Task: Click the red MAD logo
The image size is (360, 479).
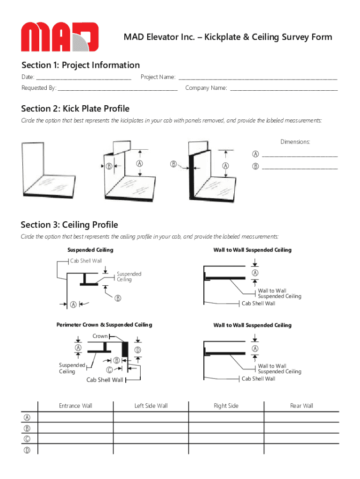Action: point(59,36)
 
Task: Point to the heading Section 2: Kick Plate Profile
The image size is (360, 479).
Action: point(75,109)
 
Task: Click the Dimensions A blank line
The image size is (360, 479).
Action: point(300,155)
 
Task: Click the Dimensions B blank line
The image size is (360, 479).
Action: point(300,167)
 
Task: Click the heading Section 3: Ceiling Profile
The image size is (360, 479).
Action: point(70,225)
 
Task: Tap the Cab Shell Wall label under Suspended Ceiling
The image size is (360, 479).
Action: point(86,261)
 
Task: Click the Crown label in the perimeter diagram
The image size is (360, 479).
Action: point(100,336)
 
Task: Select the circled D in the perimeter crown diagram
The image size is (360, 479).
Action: point(138,350)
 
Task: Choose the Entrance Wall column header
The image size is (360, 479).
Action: point(75,406)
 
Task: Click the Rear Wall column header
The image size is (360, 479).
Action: point(302,406)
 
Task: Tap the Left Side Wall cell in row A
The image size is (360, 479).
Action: point(151,417)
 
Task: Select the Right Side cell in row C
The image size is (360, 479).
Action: point(226,439)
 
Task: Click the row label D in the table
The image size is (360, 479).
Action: point(28,450)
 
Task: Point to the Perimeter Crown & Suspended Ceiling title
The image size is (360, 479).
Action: point(104,325)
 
